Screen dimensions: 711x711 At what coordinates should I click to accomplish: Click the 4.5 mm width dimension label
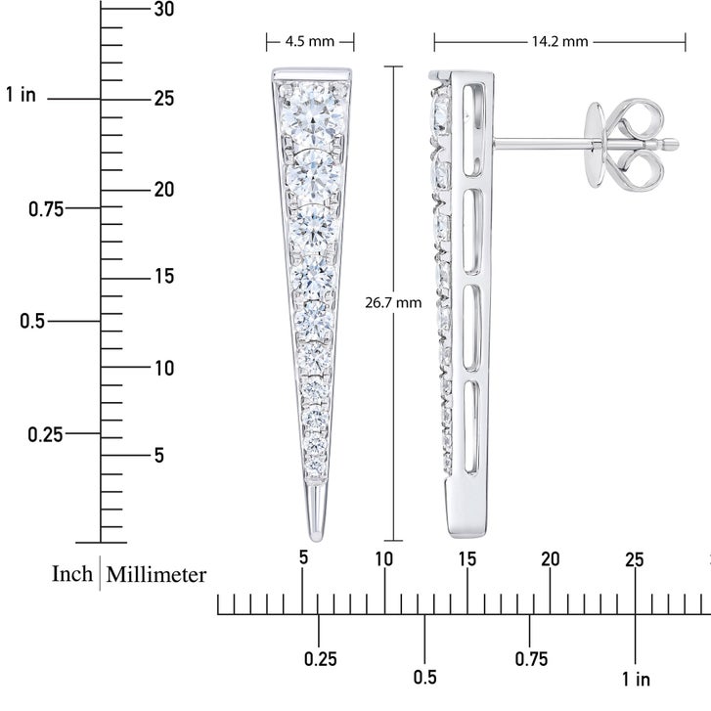click(x=310, y=42)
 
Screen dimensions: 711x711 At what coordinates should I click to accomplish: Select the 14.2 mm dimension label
click(x=559, y=42)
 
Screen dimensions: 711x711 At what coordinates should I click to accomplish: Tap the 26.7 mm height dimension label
click(x=393, y=302)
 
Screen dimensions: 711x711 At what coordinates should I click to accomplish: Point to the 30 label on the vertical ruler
click(x=163, y=9)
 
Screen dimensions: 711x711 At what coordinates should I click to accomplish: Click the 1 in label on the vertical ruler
click(x=21, y=95)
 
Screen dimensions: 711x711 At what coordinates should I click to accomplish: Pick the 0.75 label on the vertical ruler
click(x=46, y=209)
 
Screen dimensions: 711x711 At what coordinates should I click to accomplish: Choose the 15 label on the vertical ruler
click(x=164, y=276)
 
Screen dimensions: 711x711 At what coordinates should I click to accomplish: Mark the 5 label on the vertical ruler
click(x=158, y=455)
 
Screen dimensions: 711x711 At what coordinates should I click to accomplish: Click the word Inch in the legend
click(x=72, y=574)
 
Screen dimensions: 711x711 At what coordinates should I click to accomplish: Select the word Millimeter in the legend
click(x=156, y=574)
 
